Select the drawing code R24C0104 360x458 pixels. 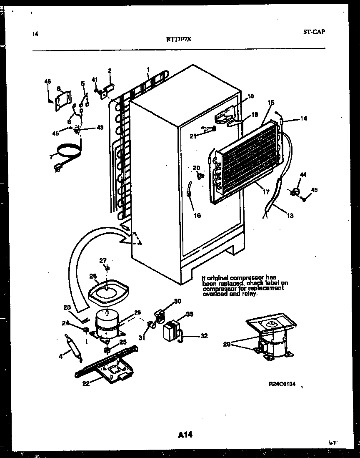[282, 384]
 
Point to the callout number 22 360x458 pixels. [86, 384]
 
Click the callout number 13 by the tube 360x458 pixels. [290, 216]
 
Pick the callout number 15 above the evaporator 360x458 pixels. [271, 102]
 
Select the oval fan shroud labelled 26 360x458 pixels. [107, 291]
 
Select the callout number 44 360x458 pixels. [303, 174]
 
